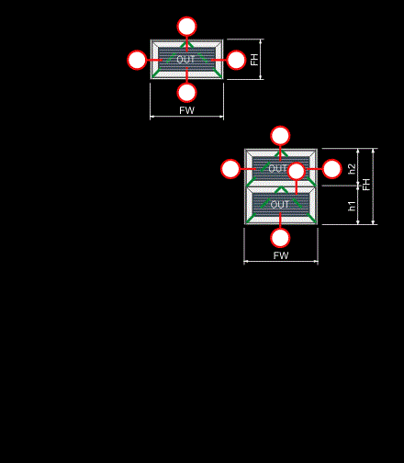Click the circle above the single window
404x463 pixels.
pyautogui.click(x=186, y=27)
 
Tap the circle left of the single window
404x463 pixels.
pyautogui.click(x=137, y=60)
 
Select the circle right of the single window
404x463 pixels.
pyautogui.click(x=236, y=60)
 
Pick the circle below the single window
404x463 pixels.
pyautogui.click(x=186, y=93)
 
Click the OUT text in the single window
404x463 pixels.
pyautogui.click(x=185, y=60)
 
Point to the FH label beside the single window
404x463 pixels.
pyautogui.click(x=254, y=60)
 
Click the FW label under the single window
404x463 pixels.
pyautogui.click(x=186, y=110)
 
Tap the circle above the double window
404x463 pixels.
pyautogui.click(x=280, y=136)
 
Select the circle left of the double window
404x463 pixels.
pyautogui.click(x=230, y=169)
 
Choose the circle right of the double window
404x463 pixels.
pyautogui.click(x=332, y=169)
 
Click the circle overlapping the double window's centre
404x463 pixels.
pyautogui.click(x=297, y=171)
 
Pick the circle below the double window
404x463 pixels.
pyautogui.click(x=280, y=238)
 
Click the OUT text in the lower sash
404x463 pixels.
pyautogui.click(x=280, y=205)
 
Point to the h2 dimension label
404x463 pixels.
pyautogui.click(x=352, y=169)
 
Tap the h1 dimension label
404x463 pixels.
pyautogui.click(x=352, y=206)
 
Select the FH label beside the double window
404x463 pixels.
pyautogui.click(x=366, y=185)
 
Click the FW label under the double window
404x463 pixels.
pyautogui.click(x=281, y=255)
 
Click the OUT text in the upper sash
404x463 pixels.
pyautogui.click(x=277, y=168)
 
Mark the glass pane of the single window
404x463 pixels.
pyautogui.click(x=186, y=60)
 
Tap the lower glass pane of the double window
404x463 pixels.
pyautogui.click(x=281, y=205)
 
